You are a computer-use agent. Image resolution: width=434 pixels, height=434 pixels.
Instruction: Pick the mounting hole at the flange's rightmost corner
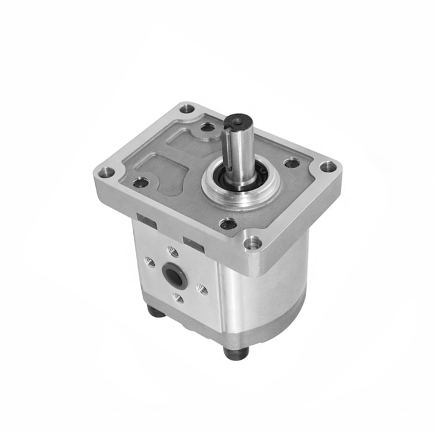[x=327, y=167]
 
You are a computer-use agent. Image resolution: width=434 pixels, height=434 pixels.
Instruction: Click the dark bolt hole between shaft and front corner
[x=228, y=224]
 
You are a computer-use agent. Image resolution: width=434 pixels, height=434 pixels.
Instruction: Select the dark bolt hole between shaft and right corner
[x=292, y=163]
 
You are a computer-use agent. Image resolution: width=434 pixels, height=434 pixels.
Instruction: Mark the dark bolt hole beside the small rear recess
[x=207, y=127]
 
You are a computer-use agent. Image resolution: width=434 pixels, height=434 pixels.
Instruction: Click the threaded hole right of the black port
[x=202, y=290]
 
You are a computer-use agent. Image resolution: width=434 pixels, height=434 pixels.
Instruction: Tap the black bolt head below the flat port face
[x=156, y=312]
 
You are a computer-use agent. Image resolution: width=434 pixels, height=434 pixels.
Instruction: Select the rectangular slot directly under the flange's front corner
[x=194, y=244]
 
